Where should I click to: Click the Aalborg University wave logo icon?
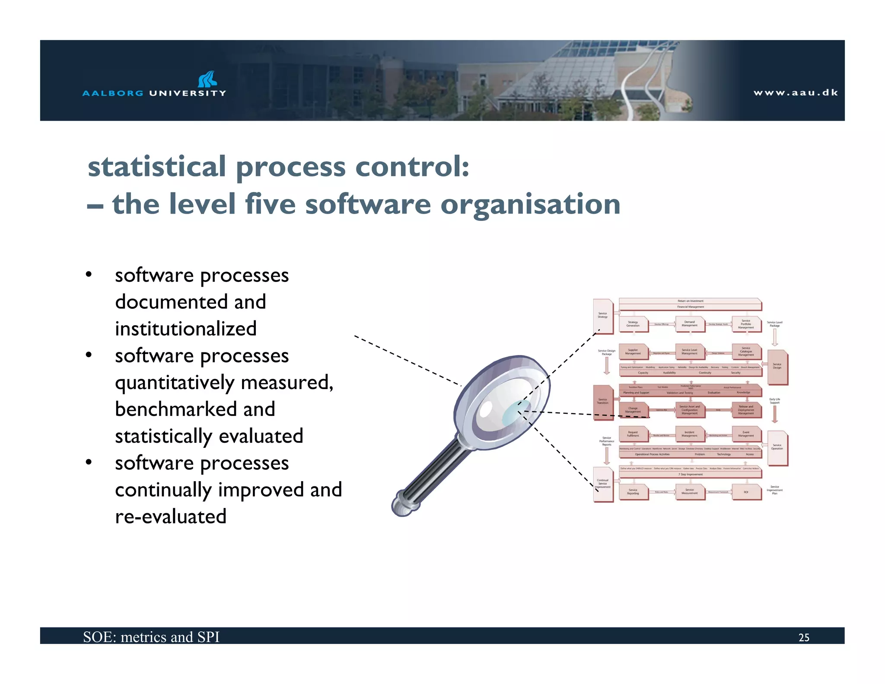click(x=207, y=79)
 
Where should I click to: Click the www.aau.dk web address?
click(x=796, y=93)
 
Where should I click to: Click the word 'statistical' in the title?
click(x=157, y=167)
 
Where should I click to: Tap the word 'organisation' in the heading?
click(x=530, y=204)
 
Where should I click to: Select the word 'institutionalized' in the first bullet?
click(x=186, y=329)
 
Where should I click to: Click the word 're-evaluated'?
click(x=171, y=517)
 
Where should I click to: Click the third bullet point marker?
click(x=89, y=463)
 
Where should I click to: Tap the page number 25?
click(x=804, y=637)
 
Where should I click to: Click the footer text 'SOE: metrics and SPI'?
click(x=151, y=637)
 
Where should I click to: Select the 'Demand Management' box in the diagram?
click(x=690, y=324)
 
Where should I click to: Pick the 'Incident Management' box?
click(x=690, y=434)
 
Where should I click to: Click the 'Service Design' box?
click(x=777, y=367)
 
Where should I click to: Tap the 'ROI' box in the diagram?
click(x=746, y=492)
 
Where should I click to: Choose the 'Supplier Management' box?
click(x=633, y=352)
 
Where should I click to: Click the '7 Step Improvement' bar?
click(x=690, y=474)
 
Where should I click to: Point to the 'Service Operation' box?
click(x=777, y=447)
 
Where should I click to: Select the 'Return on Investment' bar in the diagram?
click(x=690, y=301)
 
